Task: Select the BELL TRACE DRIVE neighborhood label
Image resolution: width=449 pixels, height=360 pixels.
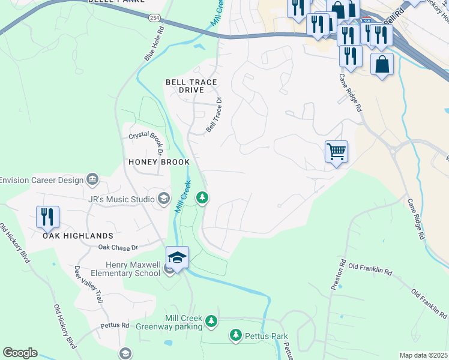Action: (x=191, y=86)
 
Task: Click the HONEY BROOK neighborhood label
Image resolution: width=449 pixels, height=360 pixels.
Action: (x=159, y=163)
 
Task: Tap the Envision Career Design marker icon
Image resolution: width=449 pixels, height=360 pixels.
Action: (x=92, y=179)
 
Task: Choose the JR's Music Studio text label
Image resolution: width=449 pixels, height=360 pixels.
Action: (x=121, y=199)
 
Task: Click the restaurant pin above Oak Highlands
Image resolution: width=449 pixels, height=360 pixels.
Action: (x=47, y=217)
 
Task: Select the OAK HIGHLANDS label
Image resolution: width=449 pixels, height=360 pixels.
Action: (x=77, y=236)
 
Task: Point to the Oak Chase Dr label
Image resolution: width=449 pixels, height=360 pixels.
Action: (x=118, y=247)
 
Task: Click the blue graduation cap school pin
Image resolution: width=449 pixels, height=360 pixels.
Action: (x=177, y=257)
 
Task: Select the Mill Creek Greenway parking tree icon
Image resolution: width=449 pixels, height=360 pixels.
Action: (x=211, y=322)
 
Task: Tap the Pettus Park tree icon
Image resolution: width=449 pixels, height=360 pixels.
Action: (x=237, y=336)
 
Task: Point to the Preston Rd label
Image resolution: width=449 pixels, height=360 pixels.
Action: (x=339, y=274)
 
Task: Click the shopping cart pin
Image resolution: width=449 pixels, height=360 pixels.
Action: (x=337, y=151)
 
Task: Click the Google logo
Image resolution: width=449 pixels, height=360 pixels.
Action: (x=20, y=353)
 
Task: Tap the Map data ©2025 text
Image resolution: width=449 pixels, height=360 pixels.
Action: (x=423, y=355)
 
